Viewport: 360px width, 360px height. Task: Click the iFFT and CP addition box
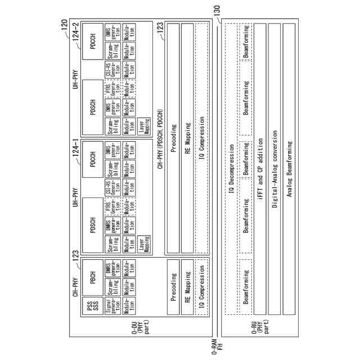click(260, 180)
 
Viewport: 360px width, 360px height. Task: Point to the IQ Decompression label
click(231, 180)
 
